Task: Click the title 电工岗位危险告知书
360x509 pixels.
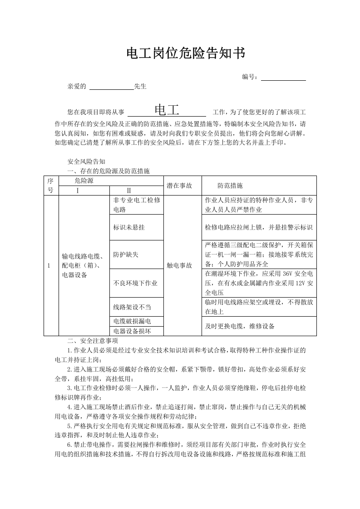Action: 186,54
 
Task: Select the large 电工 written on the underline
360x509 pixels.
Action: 167,110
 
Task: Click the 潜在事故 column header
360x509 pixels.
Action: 179,186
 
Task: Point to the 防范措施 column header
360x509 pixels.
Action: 230,186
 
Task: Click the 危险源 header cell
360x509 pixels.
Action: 84,181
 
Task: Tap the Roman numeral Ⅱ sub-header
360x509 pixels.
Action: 128,191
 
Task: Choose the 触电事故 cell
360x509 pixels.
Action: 179,265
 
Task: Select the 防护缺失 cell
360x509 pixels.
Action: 126,254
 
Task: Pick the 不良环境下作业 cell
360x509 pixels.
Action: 135,283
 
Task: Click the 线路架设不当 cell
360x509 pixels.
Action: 132,307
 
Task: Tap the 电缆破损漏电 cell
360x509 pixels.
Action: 132,321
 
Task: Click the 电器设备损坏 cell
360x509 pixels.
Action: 132,331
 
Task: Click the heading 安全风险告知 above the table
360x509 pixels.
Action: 86,162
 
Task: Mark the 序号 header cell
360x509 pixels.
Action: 51,186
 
